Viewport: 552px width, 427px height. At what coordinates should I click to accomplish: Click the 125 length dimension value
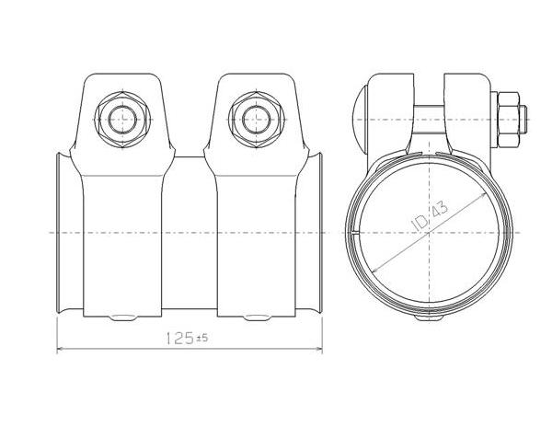[179, 339]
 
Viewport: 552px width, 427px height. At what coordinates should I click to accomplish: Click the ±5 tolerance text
[202, 339]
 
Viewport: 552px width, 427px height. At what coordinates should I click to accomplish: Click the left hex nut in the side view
[122, 119]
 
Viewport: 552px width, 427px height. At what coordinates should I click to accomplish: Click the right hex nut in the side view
[257, 119]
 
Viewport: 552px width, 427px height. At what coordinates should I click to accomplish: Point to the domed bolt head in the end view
[360, 119]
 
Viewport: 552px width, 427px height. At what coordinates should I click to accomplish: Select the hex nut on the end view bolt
[508, 120]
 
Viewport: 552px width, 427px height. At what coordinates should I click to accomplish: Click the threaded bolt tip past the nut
[523, 120]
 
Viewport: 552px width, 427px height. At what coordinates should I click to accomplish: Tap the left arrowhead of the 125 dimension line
[60, 349]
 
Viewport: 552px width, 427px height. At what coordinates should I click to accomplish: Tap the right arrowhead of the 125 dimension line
[319, 349]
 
